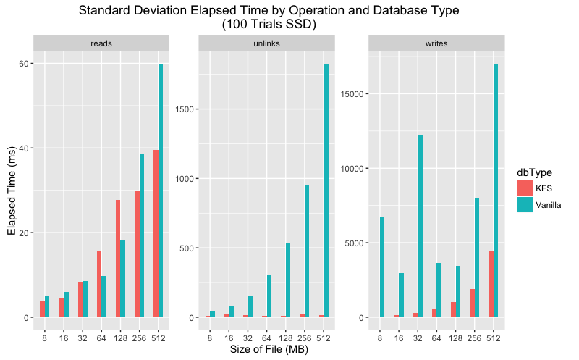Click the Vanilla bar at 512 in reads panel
coord(161,191)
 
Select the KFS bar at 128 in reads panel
coord(118,259)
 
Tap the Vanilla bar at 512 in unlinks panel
coord(326,191)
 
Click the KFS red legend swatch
coord(525,188)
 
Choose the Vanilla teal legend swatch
coord(525,204)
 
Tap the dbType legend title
coord(534,172)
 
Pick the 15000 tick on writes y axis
coord(351,94)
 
